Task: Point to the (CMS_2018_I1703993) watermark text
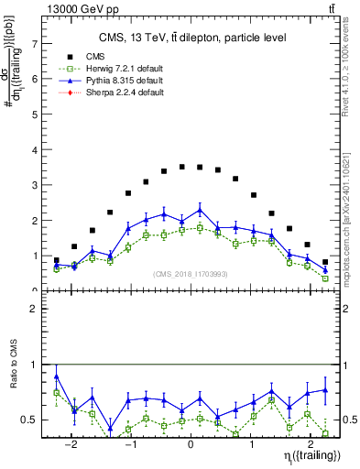click(x=191, y=274)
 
